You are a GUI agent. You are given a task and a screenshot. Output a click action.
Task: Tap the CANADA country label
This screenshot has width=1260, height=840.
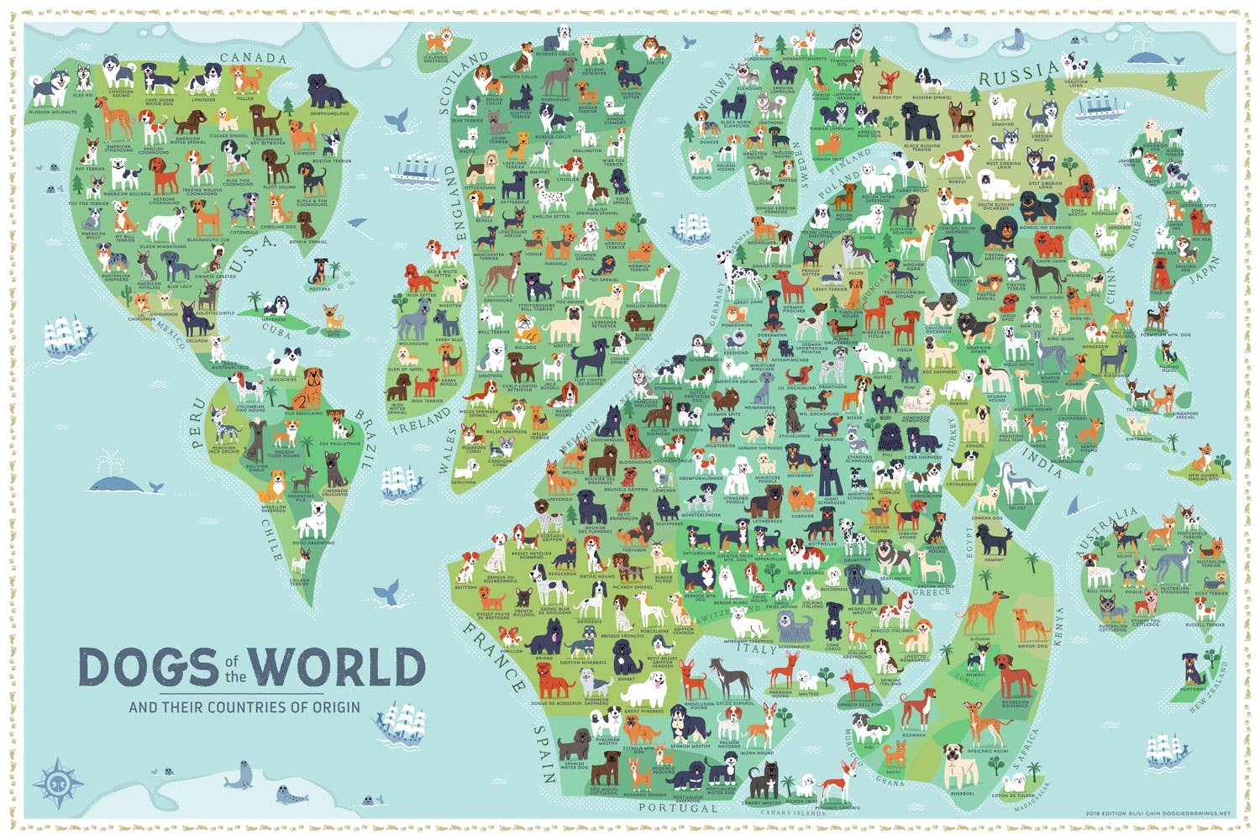253,58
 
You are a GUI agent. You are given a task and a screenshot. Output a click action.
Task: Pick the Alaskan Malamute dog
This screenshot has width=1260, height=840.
46,90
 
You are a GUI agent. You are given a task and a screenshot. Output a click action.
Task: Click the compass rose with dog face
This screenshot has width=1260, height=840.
58,780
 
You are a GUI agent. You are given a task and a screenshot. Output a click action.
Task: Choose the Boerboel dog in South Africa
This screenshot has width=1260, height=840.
961,764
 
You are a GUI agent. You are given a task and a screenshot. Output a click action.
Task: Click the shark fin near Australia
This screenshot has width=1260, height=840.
1073,507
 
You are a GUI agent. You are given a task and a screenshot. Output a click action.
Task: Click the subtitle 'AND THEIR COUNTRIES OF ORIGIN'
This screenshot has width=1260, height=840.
244,707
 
